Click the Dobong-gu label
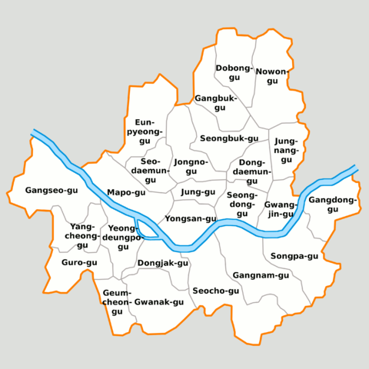pyautogui.click(x=234, y=72)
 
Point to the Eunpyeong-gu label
pyautogui.click(x=145, y=131)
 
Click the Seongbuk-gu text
pyautogui.click(x=228, y=138)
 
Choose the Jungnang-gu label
pyautogui.click(x=285, y=146)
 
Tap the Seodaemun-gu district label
pyautogui.click(x=150, y=170)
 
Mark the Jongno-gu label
pyautogui.click(x=191, y=166)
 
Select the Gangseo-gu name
pyautogui.click(x=52, y=190)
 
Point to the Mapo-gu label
pyautogui.click(x=126, y=192)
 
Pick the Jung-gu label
pyautogui.click(x=198, y=191)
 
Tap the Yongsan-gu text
pyautogui.click(x=191, y=218)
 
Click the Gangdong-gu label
pyautogui.click(x=333, y=204)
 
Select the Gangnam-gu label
pyautogui.click(x=261, y=274)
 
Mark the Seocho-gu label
pyautogui.click(x=215, y=291)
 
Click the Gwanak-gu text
pyautogui.click(x=159, y=302)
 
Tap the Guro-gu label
pyautogui.click(x=79, y=262)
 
